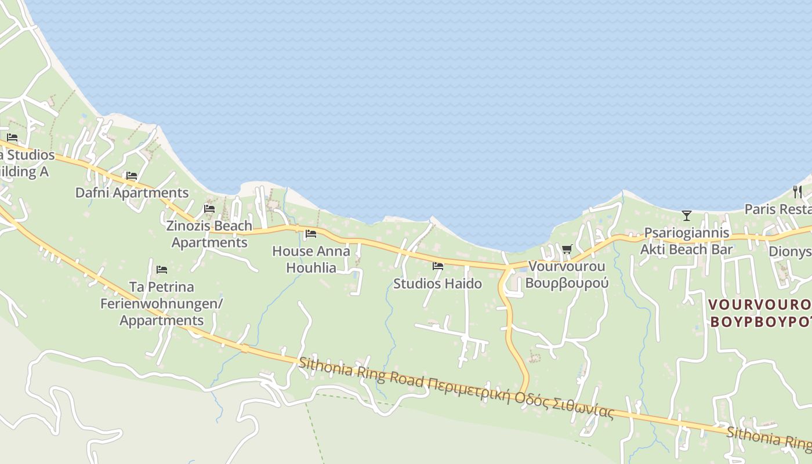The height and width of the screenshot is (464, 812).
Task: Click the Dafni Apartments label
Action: click(x=132, y=193)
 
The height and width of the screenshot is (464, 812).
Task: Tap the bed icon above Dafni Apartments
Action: click(x=132, y=176)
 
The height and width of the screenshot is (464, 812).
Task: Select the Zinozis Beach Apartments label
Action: click(x=209, y=234)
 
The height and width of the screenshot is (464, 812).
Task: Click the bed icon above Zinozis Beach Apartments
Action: click(x=209, y=208)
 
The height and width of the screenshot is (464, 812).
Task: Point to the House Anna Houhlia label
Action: click(x=311, y=259)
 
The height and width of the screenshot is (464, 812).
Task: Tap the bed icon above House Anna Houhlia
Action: click(x=311, y=234)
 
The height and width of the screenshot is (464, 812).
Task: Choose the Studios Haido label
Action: click(x=437, y=284)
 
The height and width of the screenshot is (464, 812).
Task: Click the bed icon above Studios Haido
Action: click(x=438, y=266)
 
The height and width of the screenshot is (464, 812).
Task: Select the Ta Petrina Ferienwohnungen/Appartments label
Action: click(x=162, y=303)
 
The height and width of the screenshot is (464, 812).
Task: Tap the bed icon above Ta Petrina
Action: click(x=162, y=269)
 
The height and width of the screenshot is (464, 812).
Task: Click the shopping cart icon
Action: click(x=567, y=249)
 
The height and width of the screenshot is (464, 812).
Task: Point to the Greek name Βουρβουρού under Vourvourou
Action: click(x=567, y=283)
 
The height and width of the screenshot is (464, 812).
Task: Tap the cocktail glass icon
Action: click(x=687, y=216)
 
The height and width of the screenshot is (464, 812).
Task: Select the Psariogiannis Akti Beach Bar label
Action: click(x=687, y=241)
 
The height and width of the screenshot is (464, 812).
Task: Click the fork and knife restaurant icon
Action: click(x=797, y=191)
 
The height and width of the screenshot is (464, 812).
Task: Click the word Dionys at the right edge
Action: click(x=790, y=252)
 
